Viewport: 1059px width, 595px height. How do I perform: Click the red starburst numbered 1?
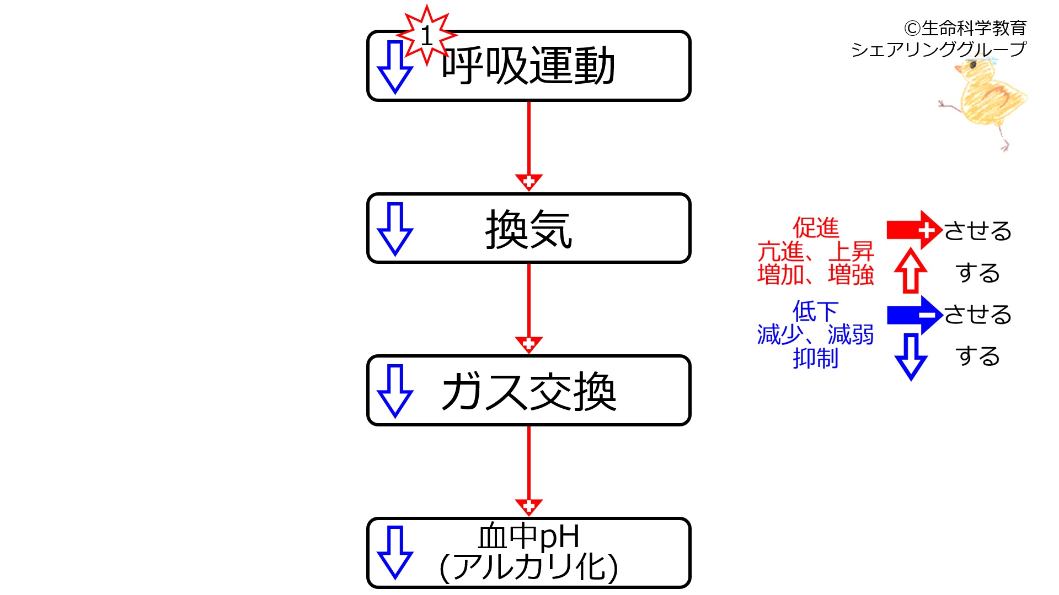[426, 36]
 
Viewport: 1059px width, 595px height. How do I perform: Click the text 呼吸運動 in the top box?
[528, 66]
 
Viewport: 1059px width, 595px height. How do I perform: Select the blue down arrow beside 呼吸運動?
[395, 67]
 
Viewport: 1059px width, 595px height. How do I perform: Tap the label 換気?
[528, 229]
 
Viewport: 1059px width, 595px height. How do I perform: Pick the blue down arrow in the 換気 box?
[395, 229]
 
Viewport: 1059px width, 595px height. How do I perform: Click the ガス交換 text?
[528, 391]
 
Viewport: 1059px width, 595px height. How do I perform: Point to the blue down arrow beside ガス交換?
[395, 391]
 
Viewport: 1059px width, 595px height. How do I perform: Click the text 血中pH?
[528, 537]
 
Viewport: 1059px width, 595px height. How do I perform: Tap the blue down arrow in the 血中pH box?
[395, 553]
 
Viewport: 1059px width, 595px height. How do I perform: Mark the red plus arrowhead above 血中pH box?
[528, 506]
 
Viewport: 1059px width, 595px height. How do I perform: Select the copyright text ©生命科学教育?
[965, 28]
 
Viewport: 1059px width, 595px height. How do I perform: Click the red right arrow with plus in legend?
[914, 230]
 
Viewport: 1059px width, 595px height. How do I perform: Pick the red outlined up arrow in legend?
[911, 271]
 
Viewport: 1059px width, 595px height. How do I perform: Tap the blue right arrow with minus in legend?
[914, 315]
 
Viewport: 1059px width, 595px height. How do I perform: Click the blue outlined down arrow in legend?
[911, 357]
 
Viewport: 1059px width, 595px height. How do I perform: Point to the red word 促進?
[816, 228]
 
